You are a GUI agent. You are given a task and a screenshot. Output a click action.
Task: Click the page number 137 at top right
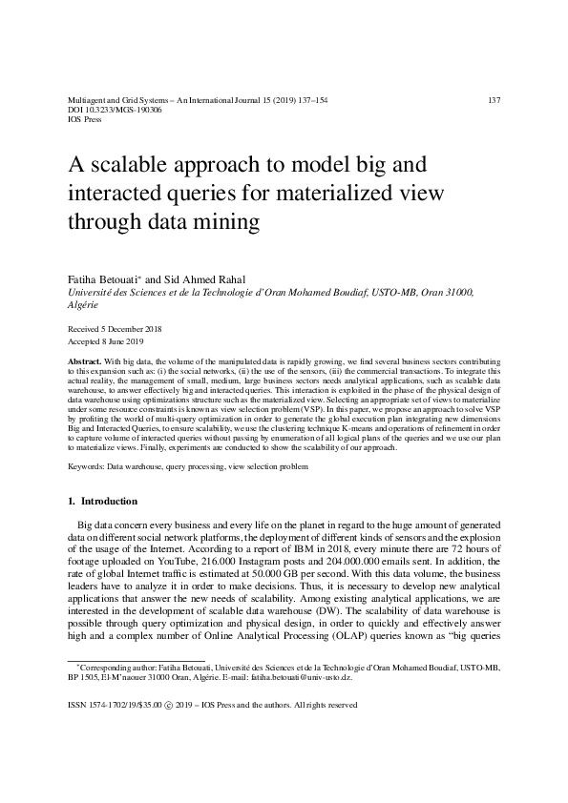494,100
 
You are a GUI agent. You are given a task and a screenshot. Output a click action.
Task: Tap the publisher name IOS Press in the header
86,120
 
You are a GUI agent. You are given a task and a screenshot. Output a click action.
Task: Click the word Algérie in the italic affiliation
83,305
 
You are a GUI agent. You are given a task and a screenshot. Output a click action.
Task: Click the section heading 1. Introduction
103,501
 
